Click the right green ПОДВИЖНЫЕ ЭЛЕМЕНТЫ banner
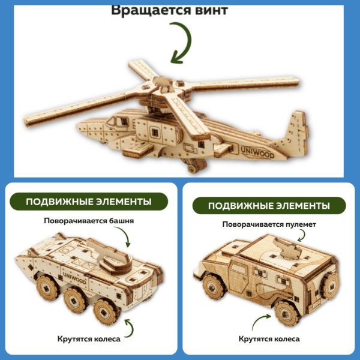(269, 206)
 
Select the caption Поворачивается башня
(88, 220)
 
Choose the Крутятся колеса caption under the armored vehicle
(88, 339)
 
